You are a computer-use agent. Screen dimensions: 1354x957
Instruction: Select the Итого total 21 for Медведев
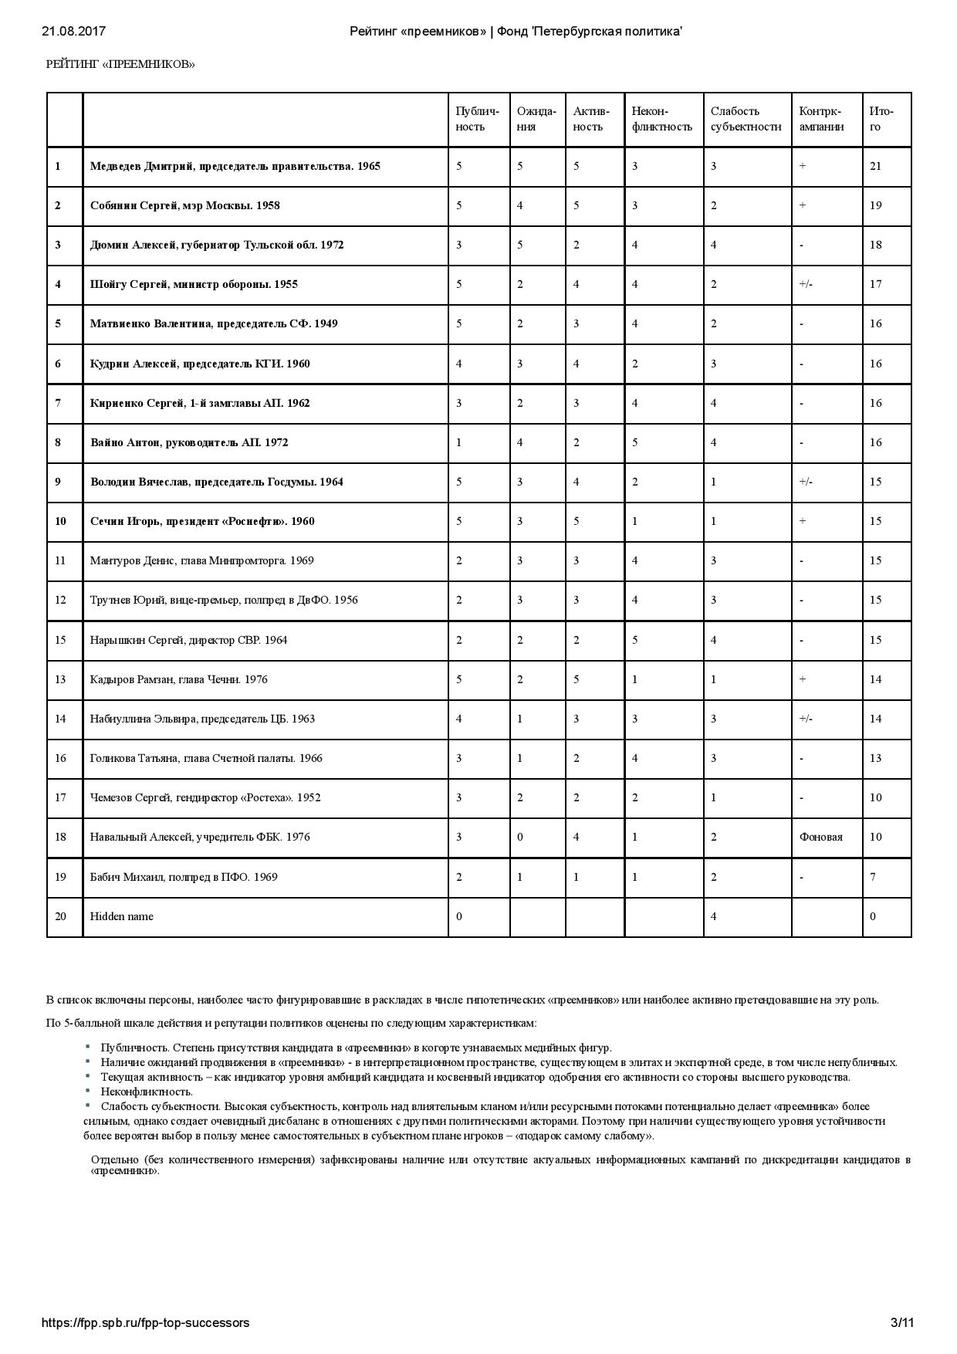coord(875,166)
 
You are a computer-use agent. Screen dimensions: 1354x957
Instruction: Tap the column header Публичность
coord(477,119)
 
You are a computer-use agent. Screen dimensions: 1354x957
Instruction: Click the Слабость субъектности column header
coord(745,119)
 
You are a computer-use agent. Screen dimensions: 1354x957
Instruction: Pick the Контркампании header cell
coord(821,119)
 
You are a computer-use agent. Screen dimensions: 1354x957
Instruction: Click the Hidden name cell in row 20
coord(121,916)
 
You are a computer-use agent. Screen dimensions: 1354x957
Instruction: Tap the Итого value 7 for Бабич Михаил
coord(873,877)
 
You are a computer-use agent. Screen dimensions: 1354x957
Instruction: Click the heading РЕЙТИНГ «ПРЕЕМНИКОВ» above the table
coord(120,64)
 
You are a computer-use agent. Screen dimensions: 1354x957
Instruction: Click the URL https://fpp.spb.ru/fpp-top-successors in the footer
coord(145,1322)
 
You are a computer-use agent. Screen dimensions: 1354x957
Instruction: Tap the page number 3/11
coord(902,1322)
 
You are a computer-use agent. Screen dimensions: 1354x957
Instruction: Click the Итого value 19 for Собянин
coord(875,205)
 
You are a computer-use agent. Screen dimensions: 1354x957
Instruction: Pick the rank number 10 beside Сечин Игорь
coord(60,521)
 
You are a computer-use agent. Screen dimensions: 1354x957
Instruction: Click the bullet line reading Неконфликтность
coord(146,1092)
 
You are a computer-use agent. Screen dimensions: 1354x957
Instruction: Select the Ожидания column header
coord(536,119)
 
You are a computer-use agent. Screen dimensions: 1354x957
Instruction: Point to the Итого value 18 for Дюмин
coord(875,245)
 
